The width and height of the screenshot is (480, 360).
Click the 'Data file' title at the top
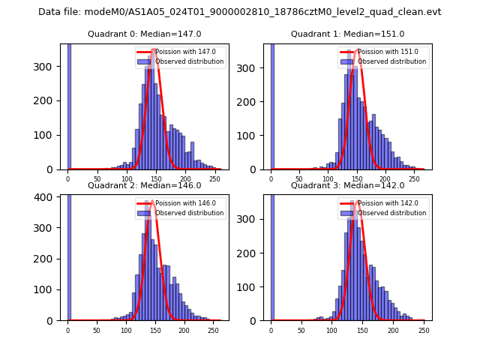[x=239, y=12]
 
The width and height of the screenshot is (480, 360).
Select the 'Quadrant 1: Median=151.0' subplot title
[x=347, y=34]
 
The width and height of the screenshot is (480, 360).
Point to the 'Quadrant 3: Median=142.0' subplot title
[x=347, y=185]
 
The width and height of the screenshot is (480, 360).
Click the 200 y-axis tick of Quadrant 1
[x=252, y=101]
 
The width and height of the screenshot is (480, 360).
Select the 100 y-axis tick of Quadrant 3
[x=252, y=287]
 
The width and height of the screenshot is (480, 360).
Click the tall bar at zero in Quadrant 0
[x=68, y=105]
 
